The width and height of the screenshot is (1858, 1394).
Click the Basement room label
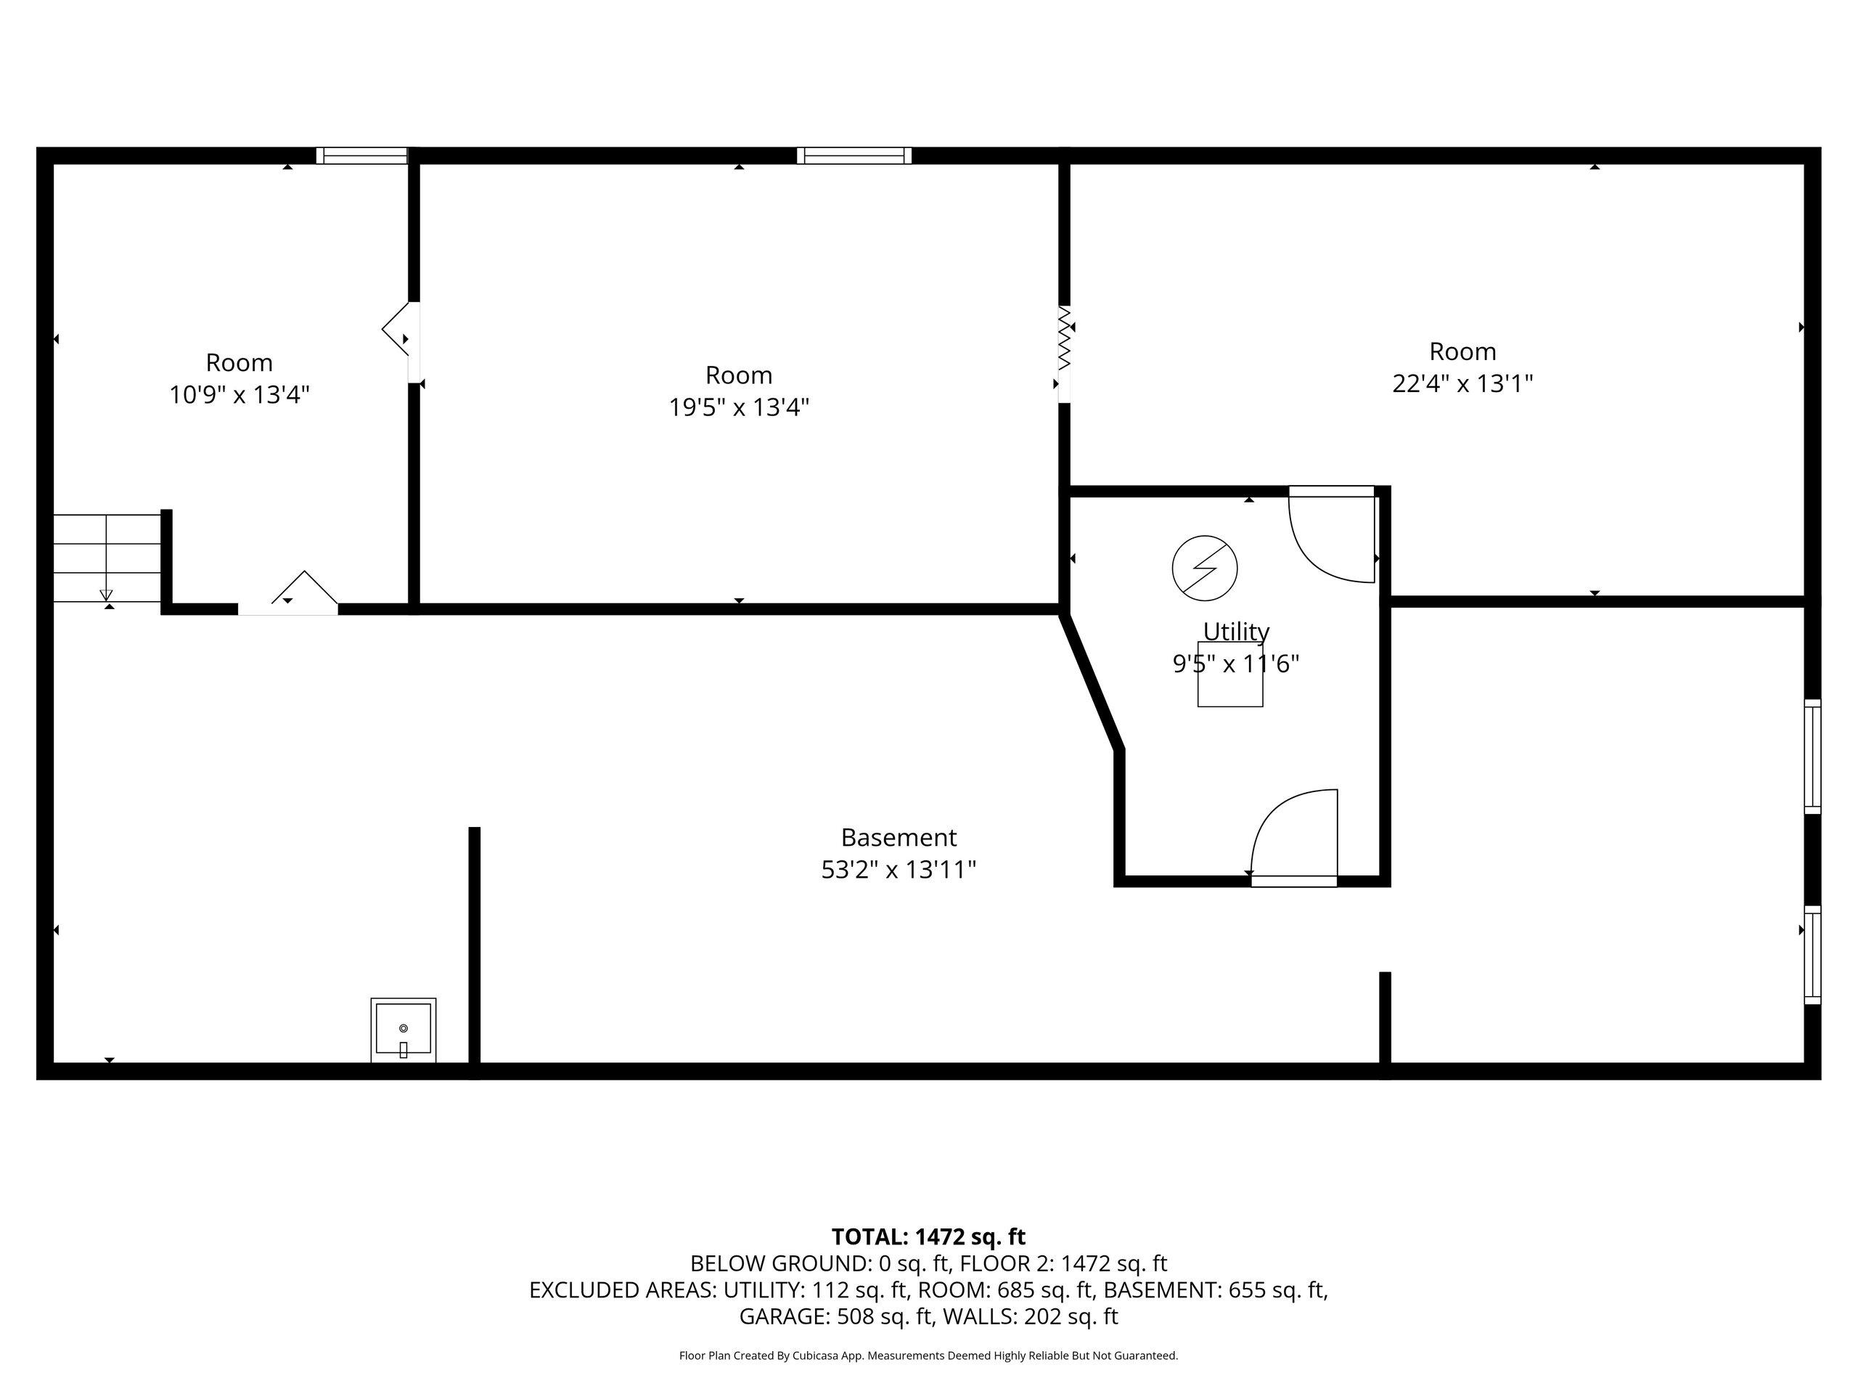click(899, 838)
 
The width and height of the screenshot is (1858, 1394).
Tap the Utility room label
click(1235, 631)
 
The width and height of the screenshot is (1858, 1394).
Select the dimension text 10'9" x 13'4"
click(240, 395)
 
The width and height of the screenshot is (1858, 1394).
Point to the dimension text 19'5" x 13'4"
click(739, 407)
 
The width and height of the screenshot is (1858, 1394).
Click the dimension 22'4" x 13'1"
click(1462, 384)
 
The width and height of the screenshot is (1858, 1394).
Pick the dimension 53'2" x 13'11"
click(899, 870)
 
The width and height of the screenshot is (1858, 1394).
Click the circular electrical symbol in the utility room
click(1205, 568)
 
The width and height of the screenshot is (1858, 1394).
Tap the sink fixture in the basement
click(404, 1030)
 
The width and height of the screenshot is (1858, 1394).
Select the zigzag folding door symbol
click(1065, 338)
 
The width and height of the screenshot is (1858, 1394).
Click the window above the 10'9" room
click(362, 155)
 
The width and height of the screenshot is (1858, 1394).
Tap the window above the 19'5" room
click(854, 155)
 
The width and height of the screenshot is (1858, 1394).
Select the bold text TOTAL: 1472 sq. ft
click(928, 1237)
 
